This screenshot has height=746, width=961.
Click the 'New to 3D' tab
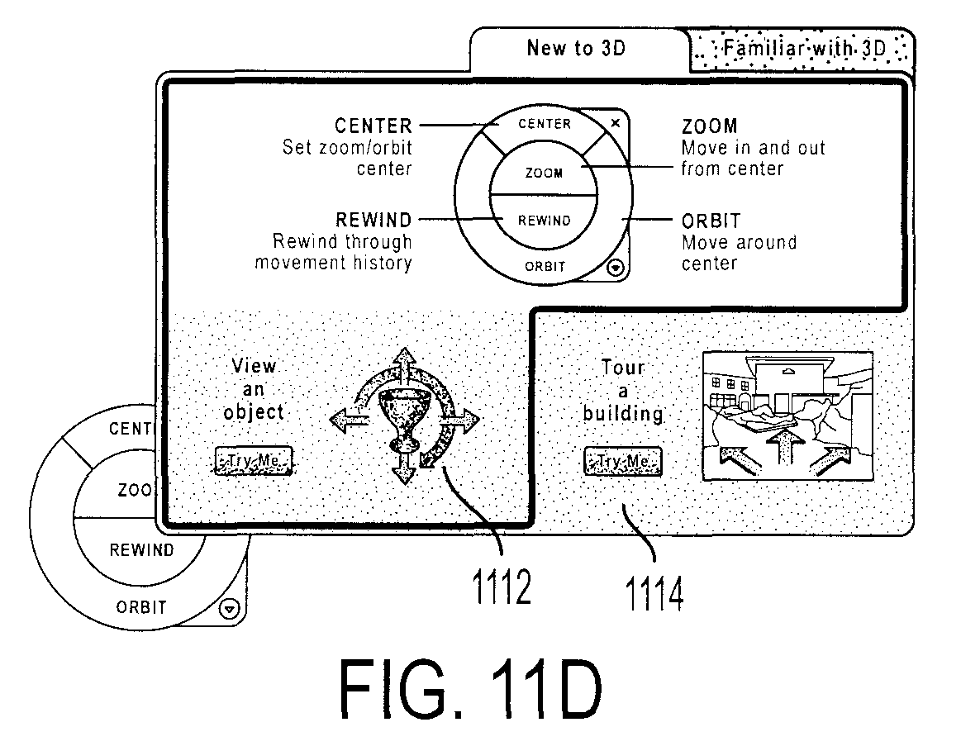577,49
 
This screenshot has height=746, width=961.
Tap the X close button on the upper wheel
616,123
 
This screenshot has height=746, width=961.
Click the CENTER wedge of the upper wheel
545,124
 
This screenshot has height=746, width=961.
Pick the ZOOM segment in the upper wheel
544,173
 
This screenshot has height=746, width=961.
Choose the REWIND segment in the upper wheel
544,221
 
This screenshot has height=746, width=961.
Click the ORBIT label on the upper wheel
545,267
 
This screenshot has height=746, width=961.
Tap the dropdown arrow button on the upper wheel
616,268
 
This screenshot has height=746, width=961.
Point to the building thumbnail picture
788,416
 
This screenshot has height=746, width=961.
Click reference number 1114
654,593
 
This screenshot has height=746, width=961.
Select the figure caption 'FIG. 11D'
471,689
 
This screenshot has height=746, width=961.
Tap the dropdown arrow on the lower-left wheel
229,610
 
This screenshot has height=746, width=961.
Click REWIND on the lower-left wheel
141,550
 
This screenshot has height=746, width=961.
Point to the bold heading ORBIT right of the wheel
711,221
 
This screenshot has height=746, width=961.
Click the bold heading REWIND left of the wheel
373,220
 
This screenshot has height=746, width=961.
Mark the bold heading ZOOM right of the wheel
710,126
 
